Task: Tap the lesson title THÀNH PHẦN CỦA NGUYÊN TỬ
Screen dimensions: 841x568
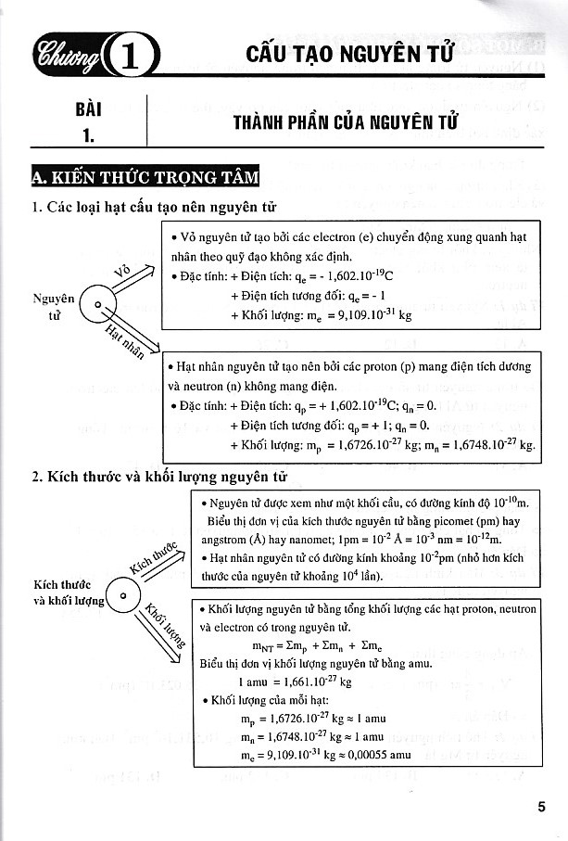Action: tap(347, 123)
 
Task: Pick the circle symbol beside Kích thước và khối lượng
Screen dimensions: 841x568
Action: tap(121, 593)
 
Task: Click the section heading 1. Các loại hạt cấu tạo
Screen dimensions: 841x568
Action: tap(154, 207)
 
